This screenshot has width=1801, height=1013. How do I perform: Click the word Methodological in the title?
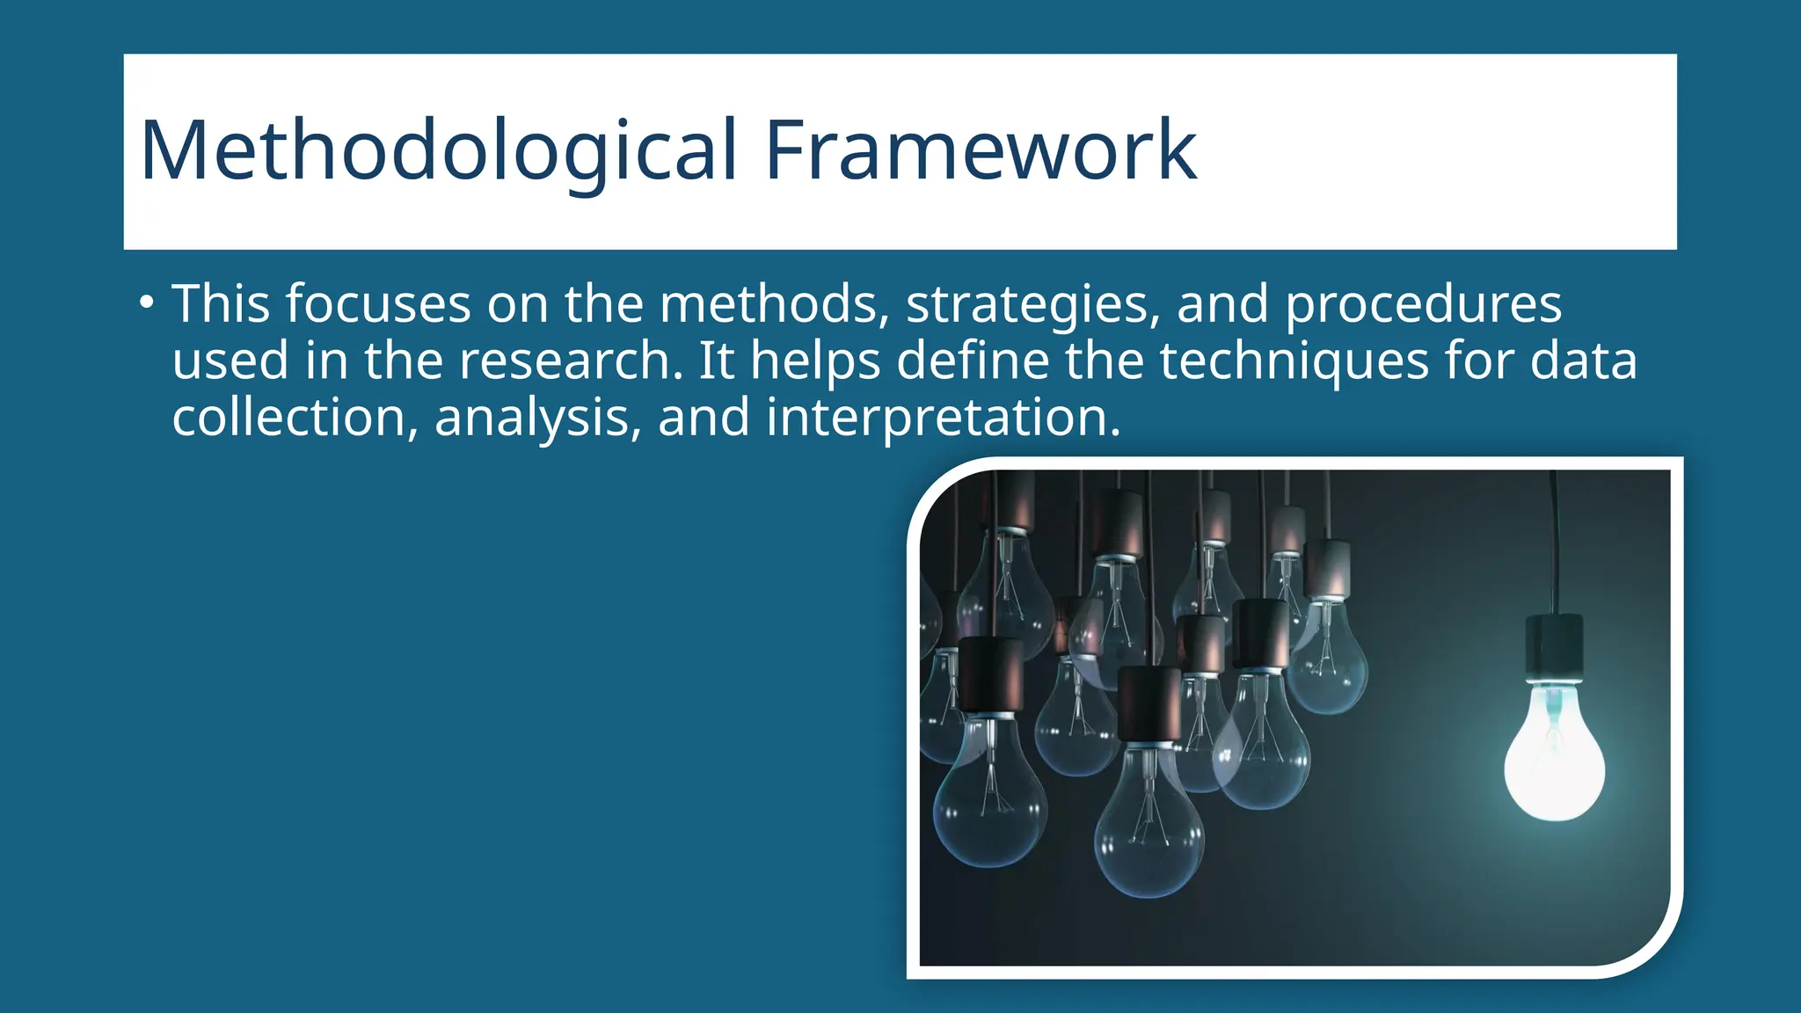click(x=437, y=151)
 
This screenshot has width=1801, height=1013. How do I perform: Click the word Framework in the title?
click(x=981, y=151)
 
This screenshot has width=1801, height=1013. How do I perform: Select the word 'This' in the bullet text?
click(x=221, y=303)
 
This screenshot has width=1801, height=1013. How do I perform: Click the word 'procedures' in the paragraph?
click(x=1423, y=305)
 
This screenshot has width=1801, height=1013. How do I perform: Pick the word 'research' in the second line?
click(x=571, y=361)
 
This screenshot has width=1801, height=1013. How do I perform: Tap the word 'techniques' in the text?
click(x=1294, y=361)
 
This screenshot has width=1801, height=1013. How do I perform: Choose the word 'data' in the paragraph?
click(x=1583, y=361)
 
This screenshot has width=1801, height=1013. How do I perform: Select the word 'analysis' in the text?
click(x=536, y=418)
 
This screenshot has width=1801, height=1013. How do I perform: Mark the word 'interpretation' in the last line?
click(x=943, y=418)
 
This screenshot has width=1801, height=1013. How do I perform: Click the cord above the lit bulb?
click(x=1555, y=545)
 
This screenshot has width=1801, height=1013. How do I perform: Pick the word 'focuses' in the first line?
click(x=378, y=305)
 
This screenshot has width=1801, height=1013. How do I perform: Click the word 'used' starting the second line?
click(x=230, y=361)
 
